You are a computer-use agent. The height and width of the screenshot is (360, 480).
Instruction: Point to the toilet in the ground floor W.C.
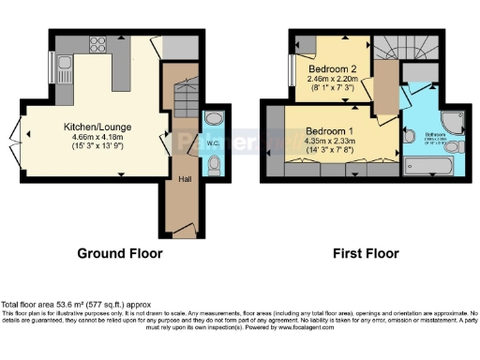pyautogui.click(x=213, y=165)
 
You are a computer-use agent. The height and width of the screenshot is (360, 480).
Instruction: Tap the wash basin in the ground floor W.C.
pyautogui.click(x=212, y=120)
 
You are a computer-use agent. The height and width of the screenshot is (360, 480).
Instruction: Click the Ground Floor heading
pyautogui.click(x=119, y=253)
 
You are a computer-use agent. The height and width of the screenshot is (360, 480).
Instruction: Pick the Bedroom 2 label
pyautogui.click(x=333, y=68)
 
